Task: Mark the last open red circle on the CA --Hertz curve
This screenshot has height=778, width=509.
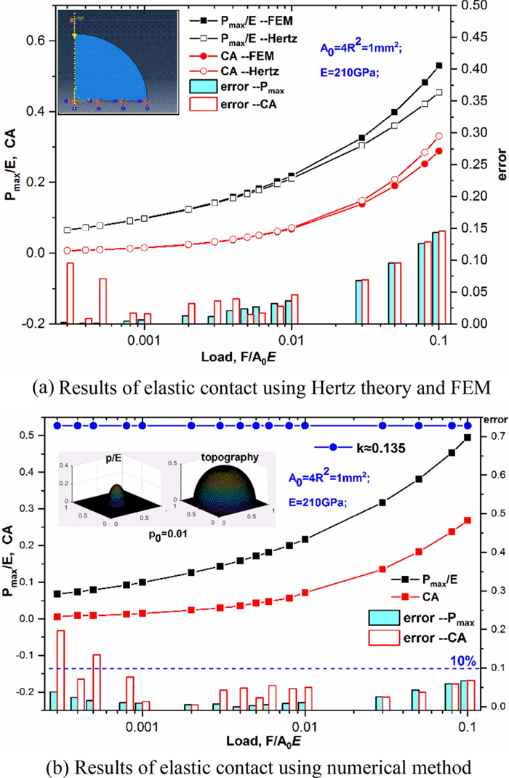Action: pos(438,136)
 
